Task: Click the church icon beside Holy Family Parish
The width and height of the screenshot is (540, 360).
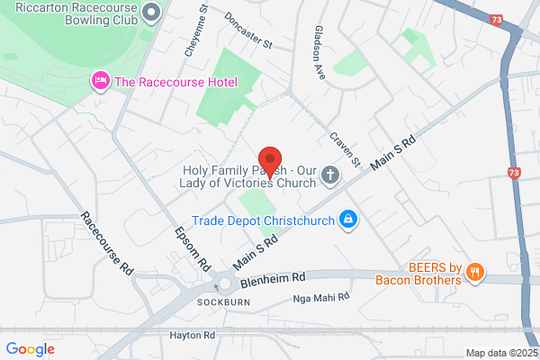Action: click(330, 175)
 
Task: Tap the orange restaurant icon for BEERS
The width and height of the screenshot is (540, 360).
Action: click(476, 271)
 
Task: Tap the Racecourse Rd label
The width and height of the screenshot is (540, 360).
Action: click(107, 244)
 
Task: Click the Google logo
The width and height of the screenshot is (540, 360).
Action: click(30, 349)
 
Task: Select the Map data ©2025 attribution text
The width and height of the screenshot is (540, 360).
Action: click(499, 352)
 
